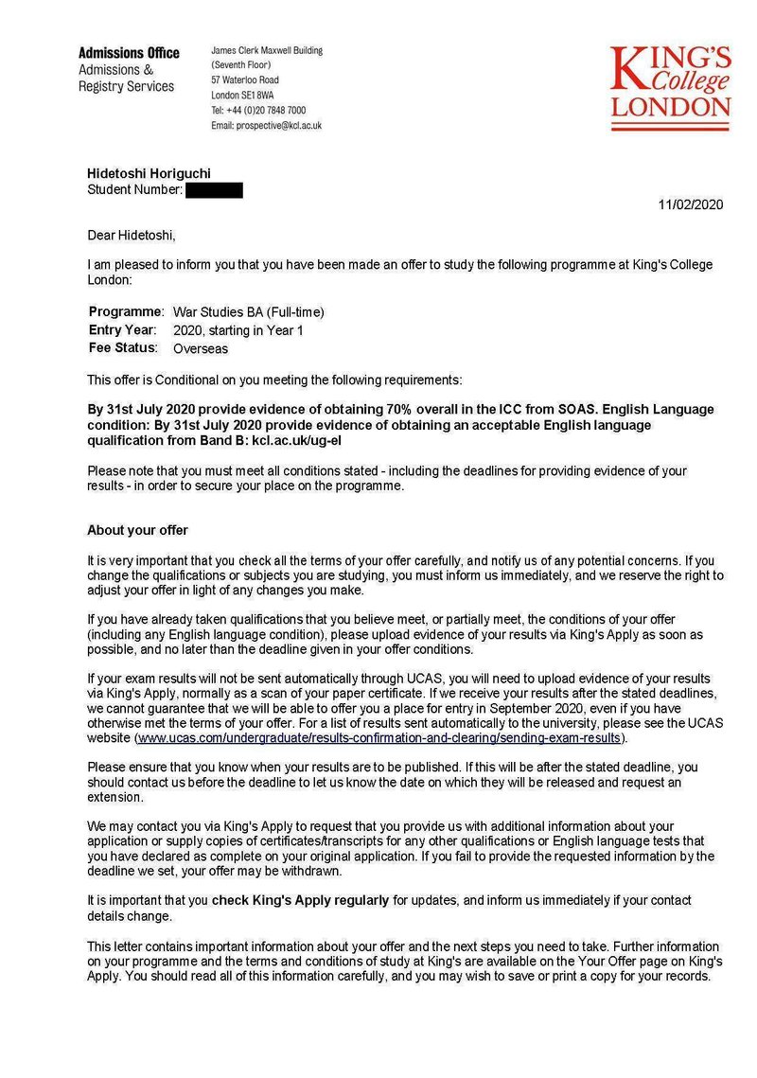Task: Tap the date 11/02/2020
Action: [691, 204]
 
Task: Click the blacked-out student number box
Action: [215, 190]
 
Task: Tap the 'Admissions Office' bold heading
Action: [129, 53]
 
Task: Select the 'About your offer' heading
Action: [137, 530]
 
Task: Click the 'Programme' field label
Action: [125, 312]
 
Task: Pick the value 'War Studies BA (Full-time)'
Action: [249, 312]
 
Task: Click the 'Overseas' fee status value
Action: [201, 348]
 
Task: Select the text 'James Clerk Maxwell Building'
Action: [266, 51]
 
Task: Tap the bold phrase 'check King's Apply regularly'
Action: [300, 900]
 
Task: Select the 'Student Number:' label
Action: [133, 190]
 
